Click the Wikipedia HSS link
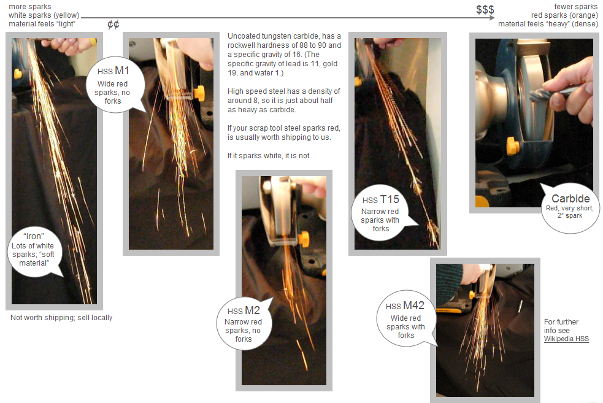tap(566, 339)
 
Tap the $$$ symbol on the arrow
tap(485, 10)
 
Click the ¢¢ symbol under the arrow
tap(113, 25)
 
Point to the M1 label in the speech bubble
tap(122, 71)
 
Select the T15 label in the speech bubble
tap(389, 199)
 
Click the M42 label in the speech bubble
tap(413, 305)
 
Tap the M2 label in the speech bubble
tap(252, 310)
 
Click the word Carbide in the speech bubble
tap(570, 198)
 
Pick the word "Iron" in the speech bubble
tap(34, 236)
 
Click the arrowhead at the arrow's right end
tap(492, 18)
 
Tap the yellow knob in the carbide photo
tap(513, 146)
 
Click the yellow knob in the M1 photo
tap(199, 93)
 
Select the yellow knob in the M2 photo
tap(304, 239)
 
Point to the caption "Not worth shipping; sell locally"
tap(61, 318)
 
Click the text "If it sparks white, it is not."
tap(269, 156)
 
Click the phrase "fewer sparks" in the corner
tap(575, 7)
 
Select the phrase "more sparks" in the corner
tap(29, 7)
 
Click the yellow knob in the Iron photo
tap(18, 74)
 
